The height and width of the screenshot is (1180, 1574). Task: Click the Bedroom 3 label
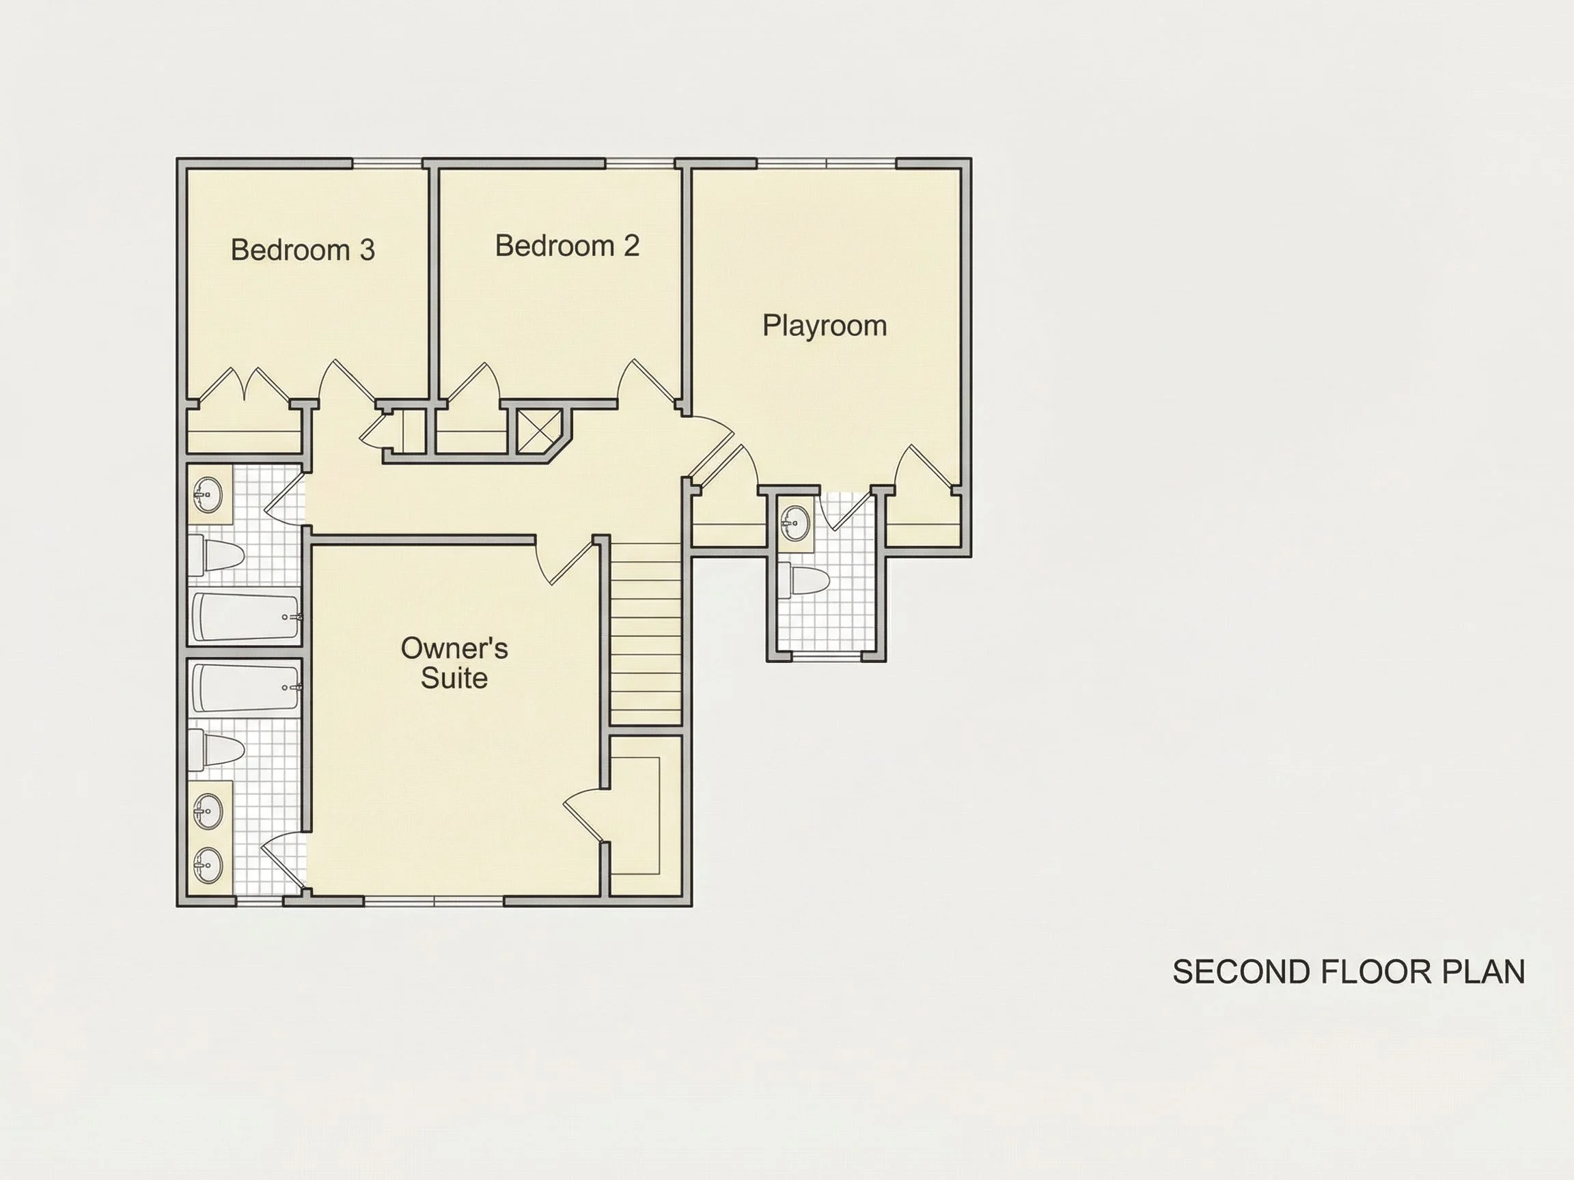click(303, 250)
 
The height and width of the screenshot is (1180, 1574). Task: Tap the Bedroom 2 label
click(567, 245)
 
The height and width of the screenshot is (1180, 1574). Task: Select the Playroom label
click(825, 326)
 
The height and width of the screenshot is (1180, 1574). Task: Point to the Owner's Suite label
click(454, 663)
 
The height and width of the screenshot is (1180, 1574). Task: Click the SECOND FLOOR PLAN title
click(1349, 972)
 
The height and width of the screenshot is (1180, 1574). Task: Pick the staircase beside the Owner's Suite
click(646, 634)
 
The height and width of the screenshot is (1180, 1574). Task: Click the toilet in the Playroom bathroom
click(803, 581)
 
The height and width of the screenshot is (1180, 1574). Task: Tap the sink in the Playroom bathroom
click(795, 523)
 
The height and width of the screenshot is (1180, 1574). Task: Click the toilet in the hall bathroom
click(216, 555)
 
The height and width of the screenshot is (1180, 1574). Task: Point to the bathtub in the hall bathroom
click(245, 617)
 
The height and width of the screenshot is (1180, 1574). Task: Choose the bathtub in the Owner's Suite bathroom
click(245, 687)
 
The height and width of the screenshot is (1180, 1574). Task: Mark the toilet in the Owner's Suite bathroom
click(216, 750)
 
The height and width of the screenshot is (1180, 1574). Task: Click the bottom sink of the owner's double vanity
click(208, 865)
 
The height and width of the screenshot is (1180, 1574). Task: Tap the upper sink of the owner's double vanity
click(208, 811)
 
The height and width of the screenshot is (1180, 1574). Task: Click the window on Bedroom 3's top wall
click(388, 164)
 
